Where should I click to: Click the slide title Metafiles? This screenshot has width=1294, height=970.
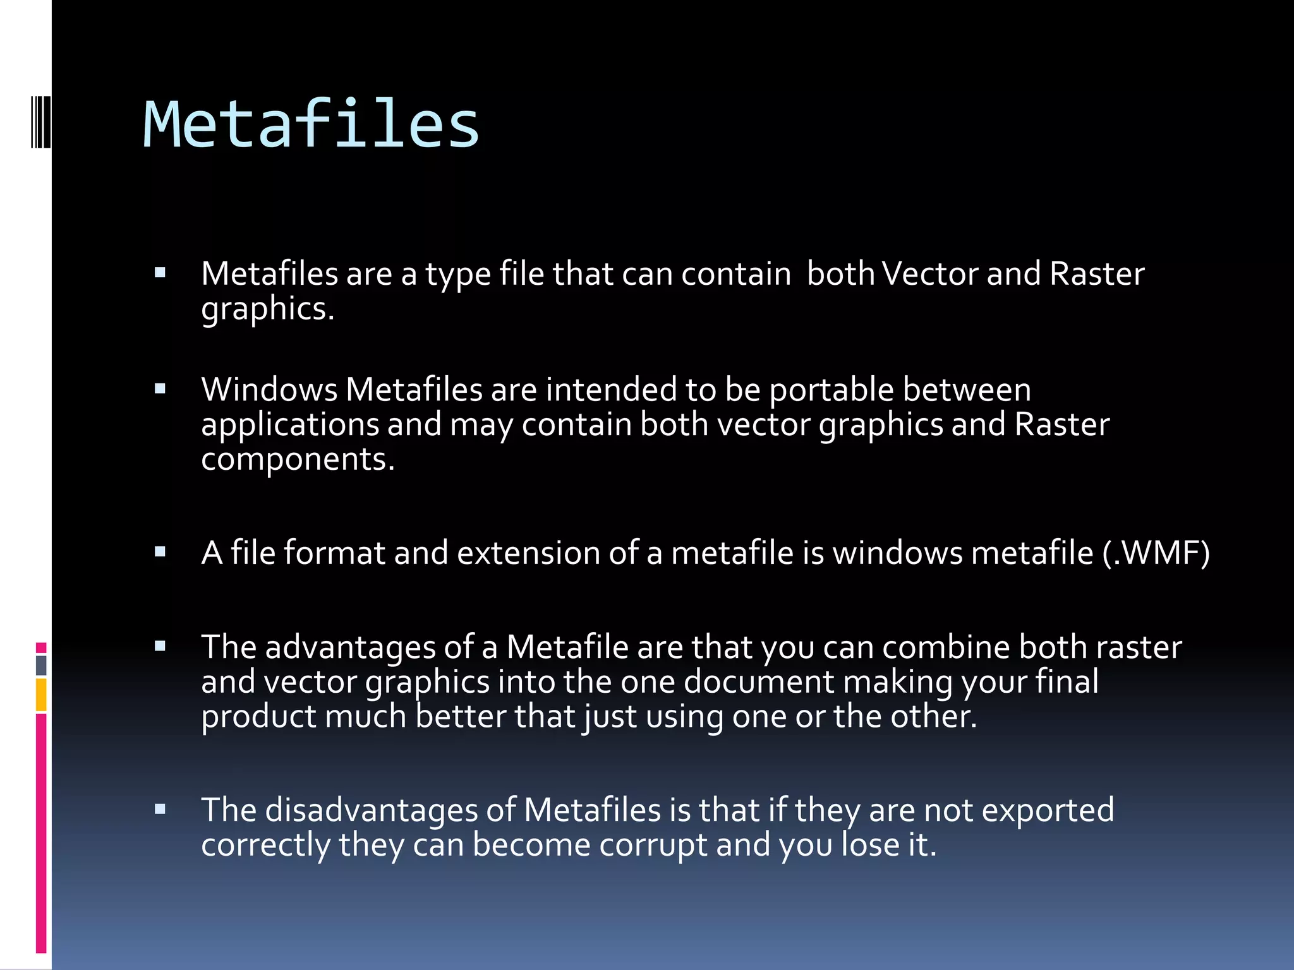pos(311,125)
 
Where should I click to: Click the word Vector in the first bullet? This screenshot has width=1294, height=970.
pos(929,274)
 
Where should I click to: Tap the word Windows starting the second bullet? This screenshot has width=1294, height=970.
pos(269,390)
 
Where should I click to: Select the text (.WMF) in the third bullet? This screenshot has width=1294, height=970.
pos(1156,553)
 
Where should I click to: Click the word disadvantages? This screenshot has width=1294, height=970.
pos(371,810)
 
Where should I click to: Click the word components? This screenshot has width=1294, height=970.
pos(297,459)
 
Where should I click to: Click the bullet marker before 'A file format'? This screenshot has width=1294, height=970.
pos(160,552)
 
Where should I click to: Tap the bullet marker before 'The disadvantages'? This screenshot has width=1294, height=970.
pos(160,809)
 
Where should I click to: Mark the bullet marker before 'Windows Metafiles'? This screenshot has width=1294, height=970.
pos(160,389)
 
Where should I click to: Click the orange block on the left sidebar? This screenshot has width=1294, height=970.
pos(41,695)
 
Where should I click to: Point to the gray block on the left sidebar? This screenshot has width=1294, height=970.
pos(41,665)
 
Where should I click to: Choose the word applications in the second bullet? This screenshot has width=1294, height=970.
pos(290,424)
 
